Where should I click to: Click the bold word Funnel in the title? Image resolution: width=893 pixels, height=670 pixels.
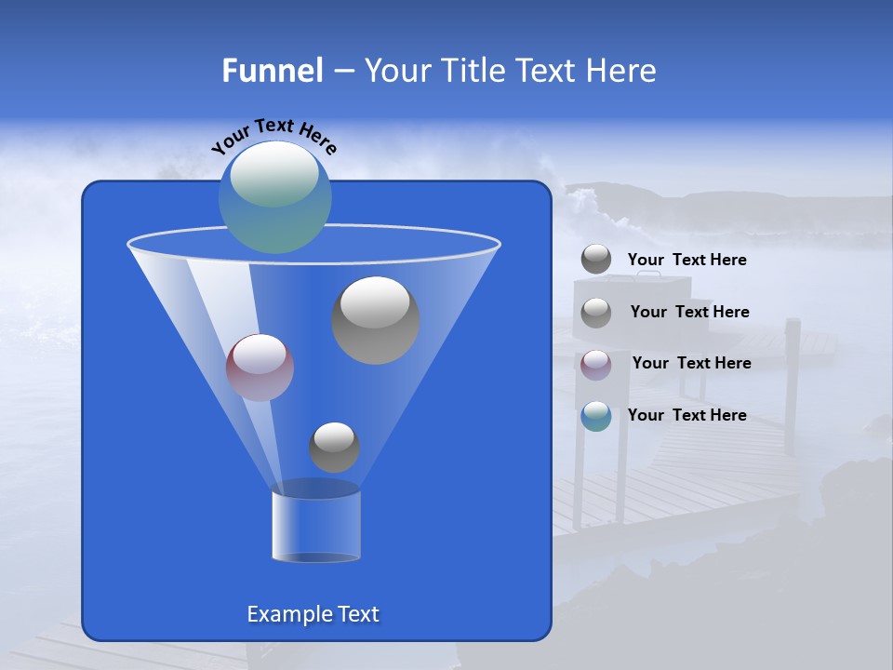click(272, 71)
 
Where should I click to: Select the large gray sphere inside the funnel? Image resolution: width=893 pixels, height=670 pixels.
click(376, 321)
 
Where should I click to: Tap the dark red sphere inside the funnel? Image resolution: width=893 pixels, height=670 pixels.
click(260, 368)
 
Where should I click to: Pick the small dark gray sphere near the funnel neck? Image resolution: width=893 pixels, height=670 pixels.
click(334, 448)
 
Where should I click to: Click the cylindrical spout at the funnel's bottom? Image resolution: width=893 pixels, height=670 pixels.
click(315, 523)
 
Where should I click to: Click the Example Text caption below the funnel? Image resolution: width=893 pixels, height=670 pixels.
click(313, 614)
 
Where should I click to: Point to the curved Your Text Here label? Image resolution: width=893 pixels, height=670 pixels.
click(273, 135)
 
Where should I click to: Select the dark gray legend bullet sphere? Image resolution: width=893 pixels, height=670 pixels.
click(596, 260)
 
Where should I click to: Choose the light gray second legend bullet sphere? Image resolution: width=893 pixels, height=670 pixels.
click(596, 313)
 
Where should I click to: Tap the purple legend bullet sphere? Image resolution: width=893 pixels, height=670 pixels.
click(596, 364)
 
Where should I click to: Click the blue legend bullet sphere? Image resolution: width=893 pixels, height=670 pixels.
click(596, 416)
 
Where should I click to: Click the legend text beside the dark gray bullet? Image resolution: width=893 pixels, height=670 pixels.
click(686, 261)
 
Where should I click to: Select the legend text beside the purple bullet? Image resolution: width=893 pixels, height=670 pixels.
click(691, 364)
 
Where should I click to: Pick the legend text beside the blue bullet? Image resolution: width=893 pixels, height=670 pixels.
click(686, 416)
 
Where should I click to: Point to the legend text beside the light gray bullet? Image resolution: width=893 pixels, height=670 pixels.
click(689, 313)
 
